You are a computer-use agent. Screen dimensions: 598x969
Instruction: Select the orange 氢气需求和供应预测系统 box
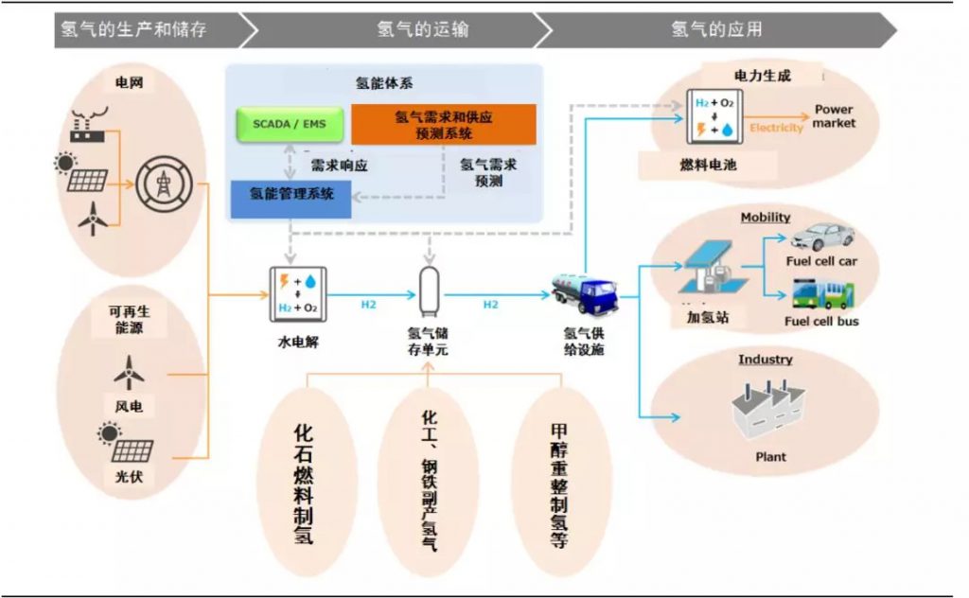coord(443,124)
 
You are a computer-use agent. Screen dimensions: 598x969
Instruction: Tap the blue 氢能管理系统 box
coord(291,197)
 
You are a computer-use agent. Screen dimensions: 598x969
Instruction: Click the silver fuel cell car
coord(822,237)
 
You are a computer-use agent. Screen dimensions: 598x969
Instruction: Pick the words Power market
coord(834,116)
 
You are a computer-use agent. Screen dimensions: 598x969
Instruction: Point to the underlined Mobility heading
coord(766,218)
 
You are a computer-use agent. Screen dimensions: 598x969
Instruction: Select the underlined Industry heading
coord(766,360)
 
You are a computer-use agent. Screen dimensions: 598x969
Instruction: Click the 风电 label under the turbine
coord(130,407)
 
